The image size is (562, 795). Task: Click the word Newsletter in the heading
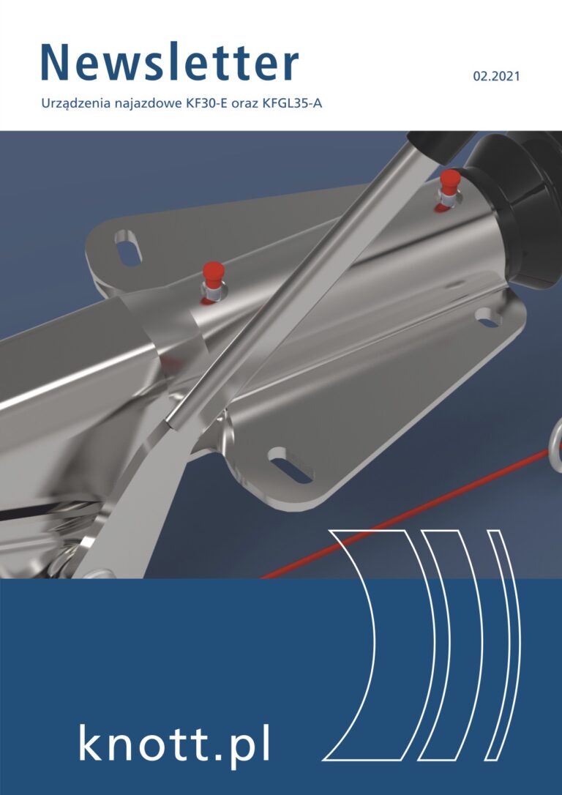pyautogui.click(x=170, y=63)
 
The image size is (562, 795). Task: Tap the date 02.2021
pyautogui.click(x=497, y=77)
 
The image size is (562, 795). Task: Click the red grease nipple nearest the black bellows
pyautogui.click(x=449, y=190)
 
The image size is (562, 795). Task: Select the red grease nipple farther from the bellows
pyautogui.click(x=213, y=282)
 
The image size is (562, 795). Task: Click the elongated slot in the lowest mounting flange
pyautogui.click(x=291, y=466)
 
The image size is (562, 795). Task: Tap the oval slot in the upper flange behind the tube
pyautogui.click(x=128, y=248)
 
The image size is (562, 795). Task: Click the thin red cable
pyautogui.click(x=405, y=513)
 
